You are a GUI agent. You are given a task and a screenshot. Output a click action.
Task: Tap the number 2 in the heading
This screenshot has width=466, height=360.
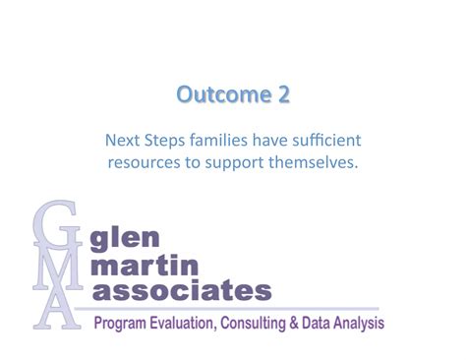tap(282, 95)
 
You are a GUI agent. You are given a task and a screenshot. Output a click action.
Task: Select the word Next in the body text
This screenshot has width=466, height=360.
tap(122, 140)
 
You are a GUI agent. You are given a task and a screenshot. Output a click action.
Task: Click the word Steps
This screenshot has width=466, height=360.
tap(167, 140)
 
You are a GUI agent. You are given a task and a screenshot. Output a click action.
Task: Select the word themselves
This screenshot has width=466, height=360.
tap(315, 161)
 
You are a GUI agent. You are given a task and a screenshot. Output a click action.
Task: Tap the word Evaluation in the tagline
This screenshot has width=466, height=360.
tap(187, 323)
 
